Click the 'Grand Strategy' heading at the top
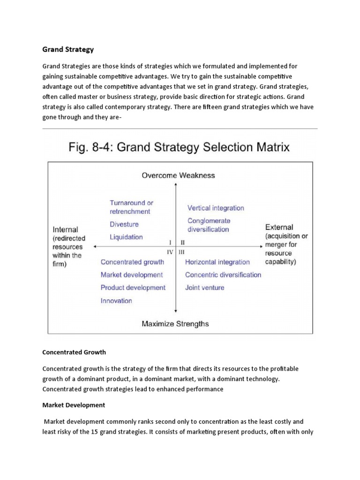pyautogui.click(x=68, y=49)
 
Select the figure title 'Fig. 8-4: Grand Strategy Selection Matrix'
pyautogui.click(x=180, y=148)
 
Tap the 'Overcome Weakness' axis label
pyautogui.click(x=178, y=175)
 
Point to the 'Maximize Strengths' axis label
pyautogui.click(x=175, y=323)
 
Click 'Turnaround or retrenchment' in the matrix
pyautogui.click(x=131, y=207)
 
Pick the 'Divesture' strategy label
pyautogui.click(x=124, y=224)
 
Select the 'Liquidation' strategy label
pyautogui.click(x=126, y=237)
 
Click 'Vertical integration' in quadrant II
pyautogui.click(x=216, y=208)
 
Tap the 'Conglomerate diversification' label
pyautogui.click(x=209, y=225)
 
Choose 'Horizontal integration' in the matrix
pyautogui.click(x=217, y=262)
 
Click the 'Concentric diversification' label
pyautogui.click(x=223, y=275)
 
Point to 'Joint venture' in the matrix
pyautogui.click(x=204, y=287)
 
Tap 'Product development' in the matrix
pyautogui.click(x=133, y=287)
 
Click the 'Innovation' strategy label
pyautogui.click(x=116, y=300)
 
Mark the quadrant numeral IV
pyautogui.click(x=169, y=252)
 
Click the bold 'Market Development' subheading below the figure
pyautogui.click(x=74, y=405)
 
